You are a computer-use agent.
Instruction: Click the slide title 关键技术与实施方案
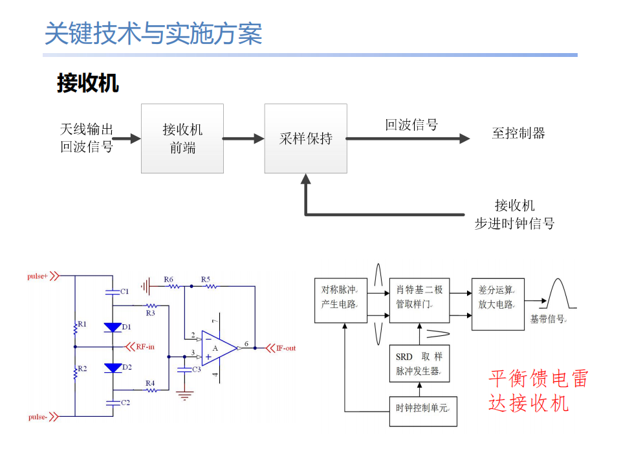(153, 34)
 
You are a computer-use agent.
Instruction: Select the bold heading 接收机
(87, 83)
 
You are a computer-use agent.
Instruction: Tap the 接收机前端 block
(182, 139)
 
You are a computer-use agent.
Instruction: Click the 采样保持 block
(305, 139)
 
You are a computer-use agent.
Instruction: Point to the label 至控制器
(518, 133)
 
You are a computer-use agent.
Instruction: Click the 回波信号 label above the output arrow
(411, 125)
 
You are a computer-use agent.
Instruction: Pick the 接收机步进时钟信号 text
(514, 215)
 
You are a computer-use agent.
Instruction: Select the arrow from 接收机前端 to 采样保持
(244, 139)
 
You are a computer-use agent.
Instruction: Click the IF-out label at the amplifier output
(285, 348)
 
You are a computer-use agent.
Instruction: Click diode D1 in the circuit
(113, 327)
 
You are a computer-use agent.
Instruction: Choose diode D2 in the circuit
(113, 368)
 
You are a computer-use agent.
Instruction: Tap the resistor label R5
(206, 280)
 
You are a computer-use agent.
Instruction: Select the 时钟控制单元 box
(423, 408)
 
